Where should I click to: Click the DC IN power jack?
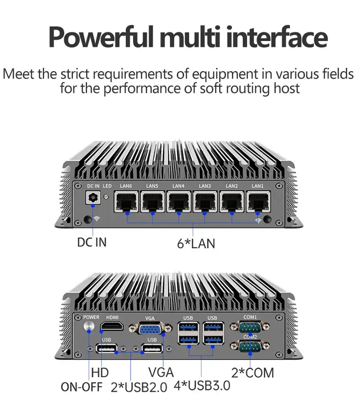click(x=94, y=199)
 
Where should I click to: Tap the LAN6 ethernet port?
click(x=126, y=201)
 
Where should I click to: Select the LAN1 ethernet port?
click(x=258, y=201)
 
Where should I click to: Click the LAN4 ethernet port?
click(x=179, y=201)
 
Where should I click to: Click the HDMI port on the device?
click(x=111, y=326)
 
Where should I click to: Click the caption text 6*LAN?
click(x=196, y=243)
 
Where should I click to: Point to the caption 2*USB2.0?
click(x=139, y=387)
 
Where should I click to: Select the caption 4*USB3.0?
click(x=202, y=386)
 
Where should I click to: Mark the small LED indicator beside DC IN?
click(x=107, y=196)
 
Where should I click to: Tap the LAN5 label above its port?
click(x=152, y=186)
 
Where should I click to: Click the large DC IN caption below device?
click(x=92, y=242)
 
